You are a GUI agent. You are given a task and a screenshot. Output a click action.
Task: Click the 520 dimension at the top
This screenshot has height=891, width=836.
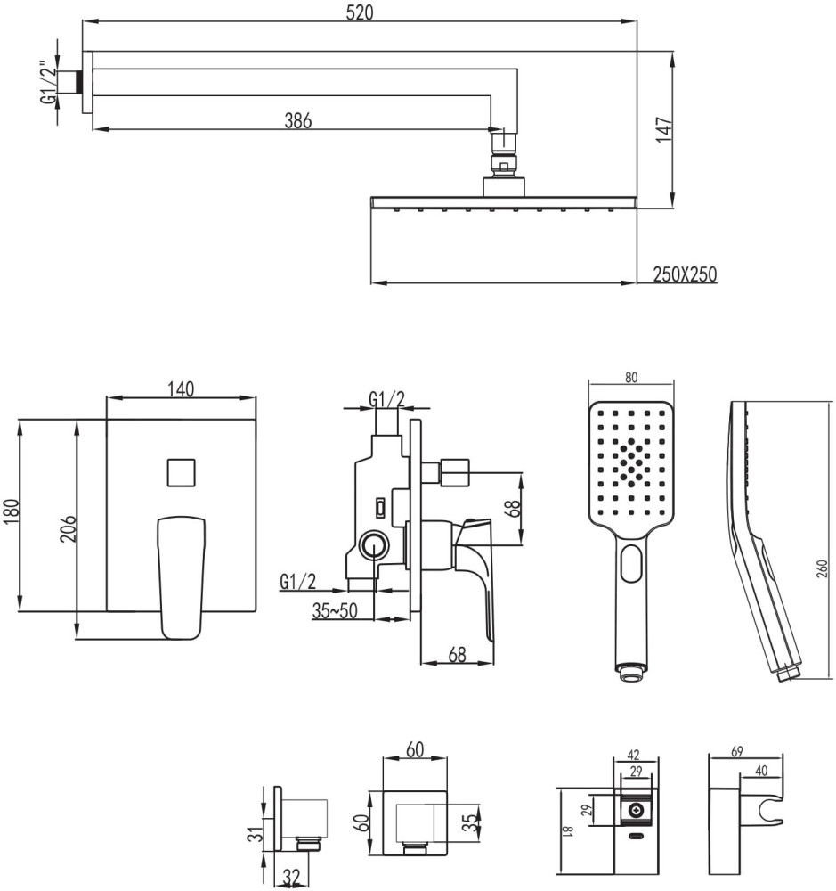pos(360,12)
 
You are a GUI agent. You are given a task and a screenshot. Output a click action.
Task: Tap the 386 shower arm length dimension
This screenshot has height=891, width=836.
pos(298,120)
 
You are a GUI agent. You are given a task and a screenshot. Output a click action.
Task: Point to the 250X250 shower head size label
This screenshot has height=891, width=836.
pos(685,274)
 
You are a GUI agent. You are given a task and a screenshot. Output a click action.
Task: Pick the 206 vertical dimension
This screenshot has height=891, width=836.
pos(69,528)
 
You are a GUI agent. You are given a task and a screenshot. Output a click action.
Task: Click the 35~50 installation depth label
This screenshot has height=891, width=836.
pos(335,610)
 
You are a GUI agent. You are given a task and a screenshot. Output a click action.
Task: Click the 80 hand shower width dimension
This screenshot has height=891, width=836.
pos(631,377)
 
